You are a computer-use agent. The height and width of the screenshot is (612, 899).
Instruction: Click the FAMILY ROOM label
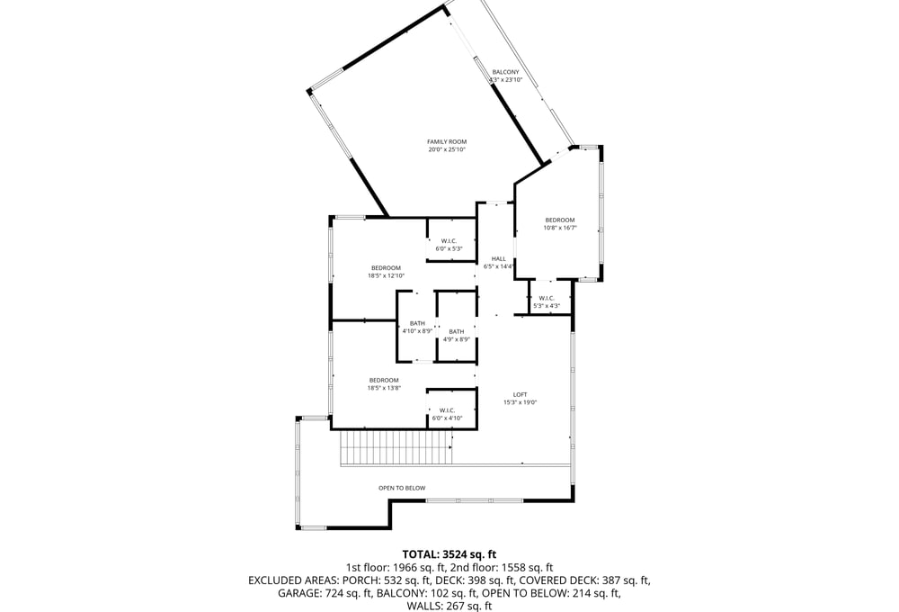pos(447,142)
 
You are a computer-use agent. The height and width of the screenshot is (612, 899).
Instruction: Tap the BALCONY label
pos(505,72)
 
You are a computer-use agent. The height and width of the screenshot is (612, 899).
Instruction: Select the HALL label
pos(498,259)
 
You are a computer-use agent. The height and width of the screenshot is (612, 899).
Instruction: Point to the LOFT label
pos(520,394)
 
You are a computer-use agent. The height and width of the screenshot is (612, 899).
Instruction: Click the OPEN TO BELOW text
pos(402,488)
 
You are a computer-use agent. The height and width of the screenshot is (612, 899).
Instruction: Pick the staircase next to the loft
pos(396,448)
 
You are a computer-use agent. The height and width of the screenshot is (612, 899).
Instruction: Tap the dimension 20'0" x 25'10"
pos(447,149)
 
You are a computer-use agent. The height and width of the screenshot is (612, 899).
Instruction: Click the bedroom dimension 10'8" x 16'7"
pos(560,228)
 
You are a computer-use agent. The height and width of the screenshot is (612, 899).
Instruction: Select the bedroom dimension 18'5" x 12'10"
pos(386,275)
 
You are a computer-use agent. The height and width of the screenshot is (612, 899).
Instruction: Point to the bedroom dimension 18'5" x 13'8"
pos(384,388)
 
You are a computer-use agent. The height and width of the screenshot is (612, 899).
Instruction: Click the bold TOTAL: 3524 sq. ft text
pos(449,554)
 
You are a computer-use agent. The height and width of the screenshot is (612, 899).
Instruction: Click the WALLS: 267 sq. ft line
pos(449,606)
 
